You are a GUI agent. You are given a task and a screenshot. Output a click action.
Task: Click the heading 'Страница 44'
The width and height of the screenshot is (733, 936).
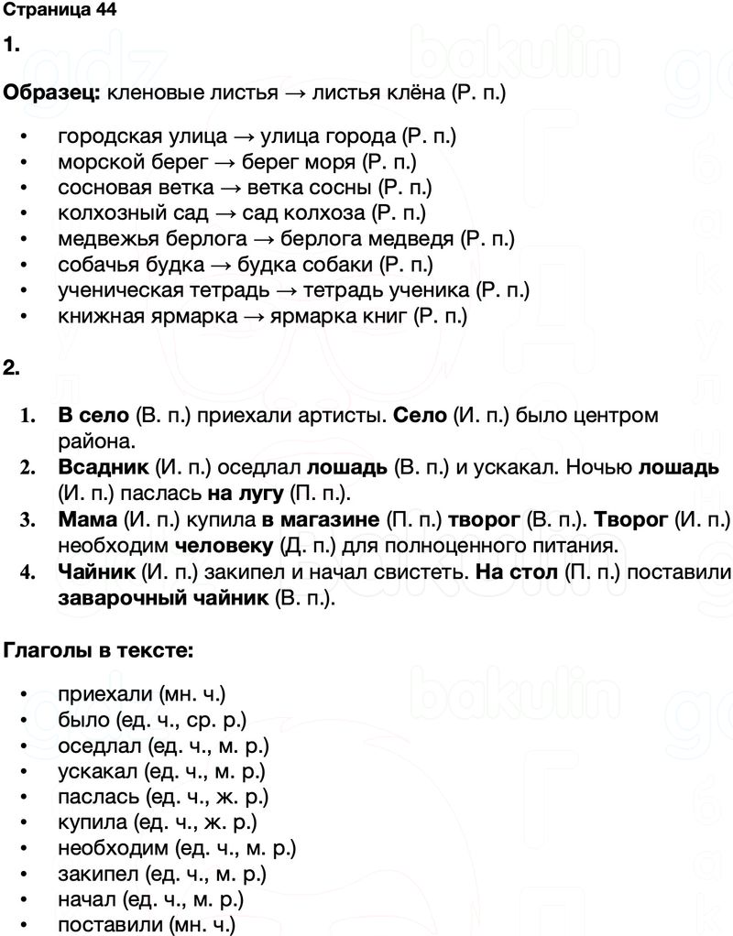tap(60, 12)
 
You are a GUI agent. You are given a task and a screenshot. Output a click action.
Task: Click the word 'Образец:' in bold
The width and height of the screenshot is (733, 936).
tap(53, 93)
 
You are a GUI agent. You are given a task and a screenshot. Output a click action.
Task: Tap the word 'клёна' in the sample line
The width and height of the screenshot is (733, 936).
tap(422, 93)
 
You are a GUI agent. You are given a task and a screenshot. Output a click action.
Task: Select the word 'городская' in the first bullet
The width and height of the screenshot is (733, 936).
tap(103, 136)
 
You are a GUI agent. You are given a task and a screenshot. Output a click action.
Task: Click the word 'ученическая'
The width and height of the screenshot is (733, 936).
tap(118, 290)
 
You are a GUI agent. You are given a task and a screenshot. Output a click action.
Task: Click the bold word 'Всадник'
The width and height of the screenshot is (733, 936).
tap(104, 468)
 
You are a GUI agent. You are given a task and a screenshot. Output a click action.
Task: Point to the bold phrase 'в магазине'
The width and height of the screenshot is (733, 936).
tap(320, 520)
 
